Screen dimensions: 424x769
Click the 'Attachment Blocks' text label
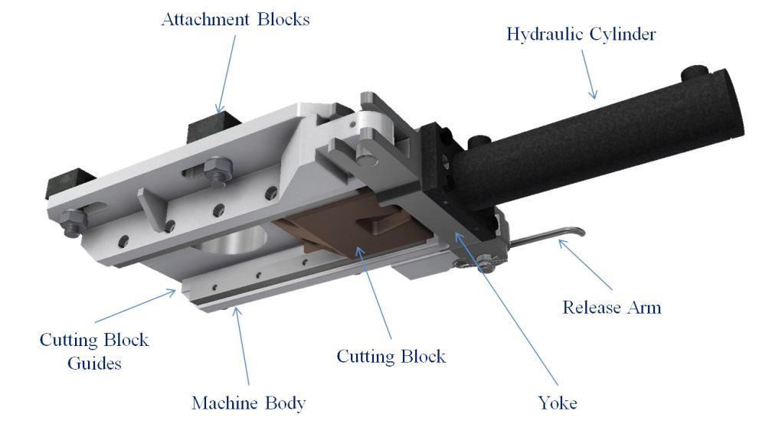pyautogui.click(x=235, y=19)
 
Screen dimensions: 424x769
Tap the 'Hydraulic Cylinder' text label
pyautogui.click(x=582, y=34)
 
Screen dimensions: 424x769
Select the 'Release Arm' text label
pyautogui.click(x=611, y=308)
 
